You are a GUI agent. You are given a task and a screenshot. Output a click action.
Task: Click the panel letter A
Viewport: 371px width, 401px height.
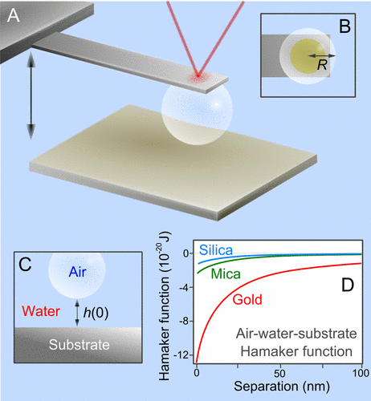[x=14, y=15]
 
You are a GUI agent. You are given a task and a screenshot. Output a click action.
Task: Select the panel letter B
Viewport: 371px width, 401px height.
[x=344, y=26]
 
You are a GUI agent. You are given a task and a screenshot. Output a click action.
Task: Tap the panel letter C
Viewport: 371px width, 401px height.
[x=26, y=265]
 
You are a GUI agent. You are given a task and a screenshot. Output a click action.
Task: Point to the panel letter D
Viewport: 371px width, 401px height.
[x=348, y=285]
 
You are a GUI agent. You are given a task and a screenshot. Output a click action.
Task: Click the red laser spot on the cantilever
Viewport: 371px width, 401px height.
[x=198, y=76]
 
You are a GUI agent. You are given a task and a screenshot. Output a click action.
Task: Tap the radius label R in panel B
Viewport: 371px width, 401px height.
[x=322, y=65]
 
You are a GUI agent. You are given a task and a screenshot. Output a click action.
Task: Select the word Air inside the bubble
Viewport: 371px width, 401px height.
[x=77, y=272]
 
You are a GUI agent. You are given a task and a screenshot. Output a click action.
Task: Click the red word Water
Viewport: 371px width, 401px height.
[x=41, y=311]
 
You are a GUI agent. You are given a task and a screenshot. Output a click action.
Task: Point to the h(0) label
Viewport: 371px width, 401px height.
[x=96, y=312]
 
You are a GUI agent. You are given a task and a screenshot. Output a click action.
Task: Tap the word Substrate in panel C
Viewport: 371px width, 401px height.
[x=79, y=345]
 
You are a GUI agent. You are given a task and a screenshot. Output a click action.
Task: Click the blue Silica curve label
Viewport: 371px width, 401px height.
[x=216, y=250]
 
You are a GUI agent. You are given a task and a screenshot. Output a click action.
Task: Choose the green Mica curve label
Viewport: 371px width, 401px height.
[x=226, y=274]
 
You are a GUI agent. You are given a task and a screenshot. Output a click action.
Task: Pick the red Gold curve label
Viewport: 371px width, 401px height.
[x=247, y=299]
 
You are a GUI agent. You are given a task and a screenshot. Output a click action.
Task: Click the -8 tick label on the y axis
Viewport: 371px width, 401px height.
[x=185, y=321]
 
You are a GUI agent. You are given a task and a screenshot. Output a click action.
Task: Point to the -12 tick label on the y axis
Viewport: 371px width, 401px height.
[x=183, y=355]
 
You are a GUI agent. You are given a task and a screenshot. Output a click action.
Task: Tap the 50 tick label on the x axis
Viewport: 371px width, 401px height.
[x=280, y=374]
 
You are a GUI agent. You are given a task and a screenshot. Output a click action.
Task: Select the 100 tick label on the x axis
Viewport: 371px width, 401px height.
[x=361, y=373]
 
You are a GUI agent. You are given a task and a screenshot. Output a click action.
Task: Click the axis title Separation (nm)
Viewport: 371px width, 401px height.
[x=282, y=387]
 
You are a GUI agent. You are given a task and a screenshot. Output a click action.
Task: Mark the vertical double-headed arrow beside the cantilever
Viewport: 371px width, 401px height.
[x=31, y=96]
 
